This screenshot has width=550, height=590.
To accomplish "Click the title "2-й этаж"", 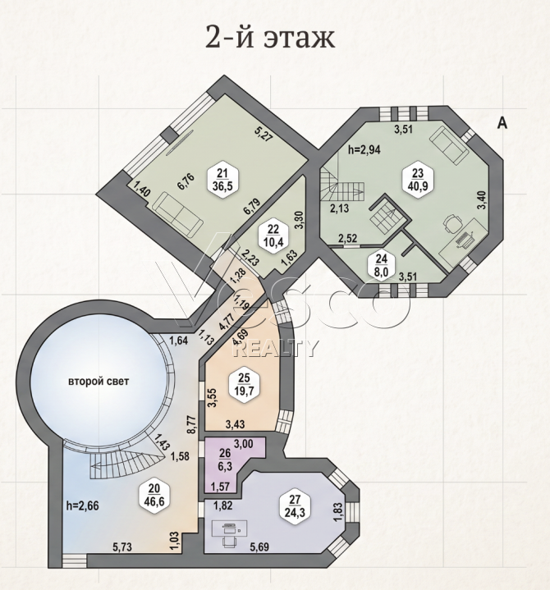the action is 270,37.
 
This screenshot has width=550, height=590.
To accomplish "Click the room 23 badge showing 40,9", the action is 418,179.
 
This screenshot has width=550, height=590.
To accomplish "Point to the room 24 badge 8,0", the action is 382,265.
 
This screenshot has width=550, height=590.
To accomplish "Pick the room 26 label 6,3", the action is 225,460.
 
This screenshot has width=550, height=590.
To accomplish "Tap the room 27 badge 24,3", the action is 296,505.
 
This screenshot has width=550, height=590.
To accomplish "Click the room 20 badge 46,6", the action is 154,494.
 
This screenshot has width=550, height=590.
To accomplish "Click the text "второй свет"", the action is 99,382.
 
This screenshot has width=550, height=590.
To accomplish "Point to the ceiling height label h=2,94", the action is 364,150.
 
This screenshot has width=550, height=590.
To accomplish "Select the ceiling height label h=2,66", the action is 82,505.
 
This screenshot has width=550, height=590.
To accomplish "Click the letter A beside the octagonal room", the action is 502,122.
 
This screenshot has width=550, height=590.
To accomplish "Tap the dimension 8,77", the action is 193,425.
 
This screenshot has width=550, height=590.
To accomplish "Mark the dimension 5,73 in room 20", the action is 123,547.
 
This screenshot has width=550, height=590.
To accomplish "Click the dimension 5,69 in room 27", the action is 259,547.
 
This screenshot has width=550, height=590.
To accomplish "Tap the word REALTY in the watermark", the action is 274,349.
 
